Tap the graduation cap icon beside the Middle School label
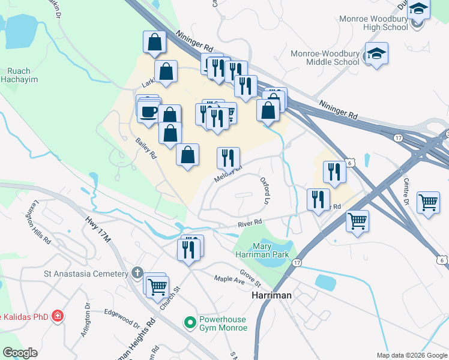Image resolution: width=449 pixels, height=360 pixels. [376, 54]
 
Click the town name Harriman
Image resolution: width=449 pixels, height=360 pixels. [271, 296]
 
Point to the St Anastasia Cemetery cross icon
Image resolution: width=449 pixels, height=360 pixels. [137, 274]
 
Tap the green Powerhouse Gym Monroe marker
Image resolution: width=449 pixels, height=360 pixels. [191, 323]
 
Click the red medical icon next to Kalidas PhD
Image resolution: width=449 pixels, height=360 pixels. [57, 316]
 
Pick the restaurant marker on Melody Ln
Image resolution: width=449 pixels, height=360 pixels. [228, 158]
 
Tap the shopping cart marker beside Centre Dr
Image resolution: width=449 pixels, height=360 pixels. [428, 202]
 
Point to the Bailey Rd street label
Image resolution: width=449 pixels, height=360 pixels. [146, 148]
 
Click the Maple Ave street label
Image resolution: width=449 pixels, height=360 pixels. [226, 279]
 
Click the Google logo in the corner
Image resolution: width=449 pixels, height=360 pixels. [20, 353]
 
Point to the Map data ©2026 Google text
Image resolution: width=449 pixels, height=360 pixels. [411, 355]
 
